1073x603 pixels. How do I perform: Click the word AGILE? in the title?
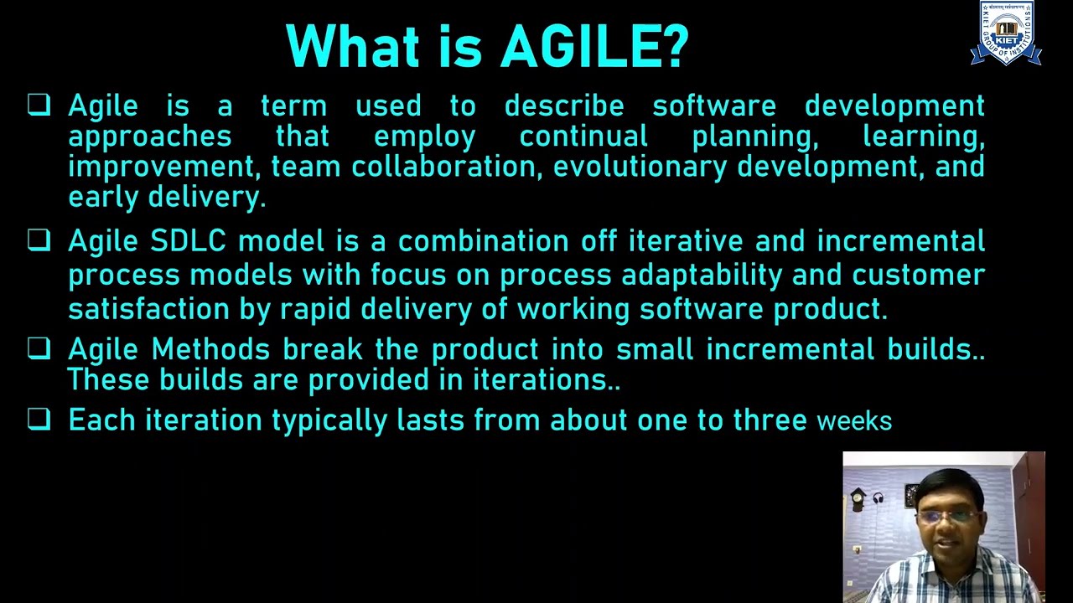point(594,46)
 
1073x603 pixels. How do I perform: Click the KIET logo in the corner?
point(1006,34)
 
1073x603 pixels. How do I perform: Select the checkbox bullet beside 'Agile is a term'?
point(39,105)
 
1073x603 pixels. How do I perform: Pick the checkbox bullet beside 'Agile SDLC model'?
point(39,241)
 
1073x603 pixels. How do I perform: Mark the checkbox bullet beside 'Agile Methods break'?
point(39,348)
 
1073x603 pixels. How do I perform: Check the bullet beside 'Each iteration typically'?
point(39,419)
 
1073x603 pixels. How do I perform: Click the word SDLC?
point(188,241)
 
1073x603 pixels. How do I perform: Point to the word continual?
point(583,136)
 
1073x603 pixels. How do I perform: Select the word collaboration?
point(443,167)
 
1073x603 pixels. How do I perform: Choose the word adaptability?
point(702,276)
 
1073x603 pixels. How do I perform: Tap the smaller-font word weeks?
point(854,420)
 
